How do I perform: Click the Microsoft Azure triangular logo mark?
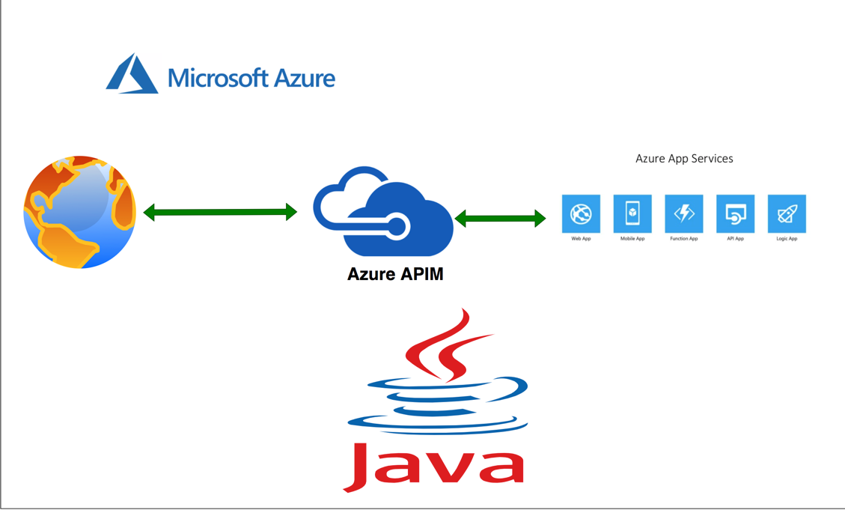pyautogui.click(x=132, y=75)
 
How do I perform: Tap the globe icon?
pyautogui.click(x=80, y=212)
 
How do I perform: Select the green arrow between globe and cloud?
pyautogui.click(x=220, y=213)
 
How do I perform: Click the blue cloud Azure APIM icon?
pyautogui.click(x=382, y=213)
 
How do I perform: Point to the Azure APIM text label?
pyautogui.click(x=395, y=274)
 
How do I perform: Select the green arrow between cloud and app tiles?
pyautogui.click(x=500, y=219)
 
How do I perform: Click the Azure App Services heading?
pyautogui.click(x=684, y=159)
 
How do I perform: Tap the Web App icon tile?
pyautogui.click(x=581, y=214)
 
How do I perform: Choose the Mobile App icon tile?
pyautogui.click(x=632, y=214)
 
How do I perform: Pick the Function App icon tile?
pyautogui.click(x=684, y=214)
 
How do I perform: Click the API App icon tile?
pyautogui.click(x=735, y=214)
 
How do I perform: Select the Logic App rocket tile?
pyautogui.click(x=787, y=214)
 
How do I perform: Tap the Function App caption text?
pyautogui.click(x=684, y=239)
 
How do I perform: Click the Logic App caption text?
pyautogui.click(x=787, y=239)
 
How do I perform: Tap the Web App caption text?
pyautogui.click(x=581, y=239)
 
